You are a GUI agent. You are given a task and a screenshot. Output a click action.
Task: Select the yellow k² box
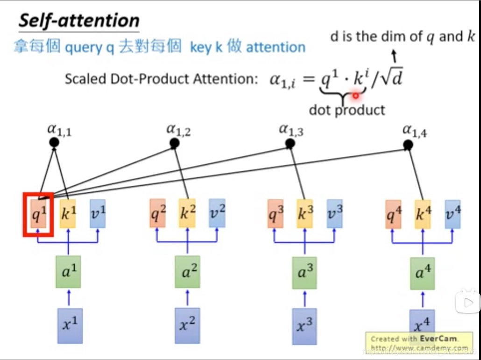pos(187,213)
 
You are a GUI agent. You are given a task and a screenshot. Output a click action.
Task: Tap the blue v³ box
pos(334,213)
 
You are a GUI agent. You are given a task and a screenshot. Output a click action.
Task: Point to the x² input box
pos(187,325)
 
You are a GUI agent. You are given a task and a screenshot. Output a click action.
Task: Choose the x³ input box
pos(305,325)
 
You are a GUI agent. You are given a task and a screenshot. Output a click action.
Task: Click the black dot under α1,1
pos(55,141)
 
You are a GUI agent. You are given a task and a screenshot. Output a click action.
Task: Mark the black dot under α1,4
pos(408,145)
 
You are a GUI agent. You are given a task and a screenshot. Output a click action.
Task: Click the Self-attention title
pos(78,21)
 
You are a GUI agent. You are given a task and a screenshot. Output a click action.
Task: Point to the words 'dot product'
pos(347,110)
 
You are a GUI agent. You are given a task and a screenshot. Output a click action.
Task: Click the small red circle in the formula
pos(356,95)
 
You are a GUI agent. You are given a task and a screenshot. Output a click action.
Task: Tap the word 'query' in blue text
pos(83,48)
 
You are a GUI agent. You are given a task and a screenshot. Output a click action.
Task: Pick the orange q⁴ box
pos(393,214)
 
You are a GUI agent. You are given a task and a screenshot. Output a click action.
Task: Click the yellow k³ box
pos(304,213)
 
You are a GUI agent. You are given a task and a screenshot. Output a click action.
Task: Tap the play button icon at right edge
pos(468,303)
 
